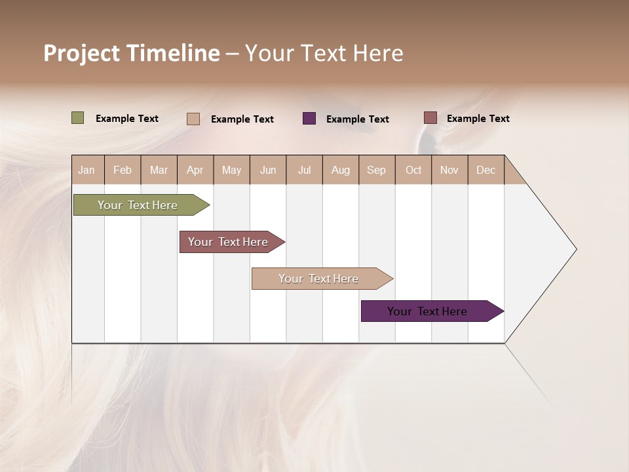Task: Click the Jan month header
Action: (87, 170)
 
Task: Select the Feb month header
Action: (123, 170)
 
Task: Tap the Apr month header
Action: (195, 170)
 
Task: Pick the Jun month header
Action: (268, 170)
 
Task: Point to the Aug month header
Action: (341, 170)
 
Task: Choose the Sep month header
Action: (377, 170)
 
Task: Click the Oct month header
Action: (413, 170)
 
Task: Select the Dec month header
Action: (486, 170)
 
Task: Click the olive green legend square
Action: (78, 118)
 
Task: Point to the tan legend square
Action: (193, 119)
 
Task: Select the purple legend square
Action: (309, 118)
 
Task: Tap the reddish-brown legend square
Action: (430, 117)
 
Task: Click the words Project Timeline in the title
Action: (132, 53)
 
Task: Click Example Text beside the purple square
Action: (358, 119)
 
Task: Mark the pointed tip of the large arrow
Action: (575, 249)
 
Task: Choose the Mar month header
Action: (159, 170)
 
